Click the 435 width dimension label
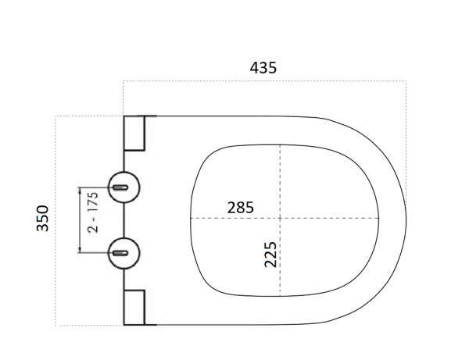tap(263, 68)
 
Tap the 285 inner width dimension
tap(240, 207)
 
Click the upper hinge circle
tap(124, 187)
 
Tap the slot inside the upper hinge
tap(121, 187)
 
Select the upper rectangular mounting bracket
tap(134, 133)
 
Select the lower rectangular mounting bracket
tap(134, 307)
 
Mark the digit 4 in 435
tap(254, 68)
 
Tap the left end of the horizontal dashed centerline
tap(192, 216)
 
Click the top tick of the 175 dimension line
tap(81, 187)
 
